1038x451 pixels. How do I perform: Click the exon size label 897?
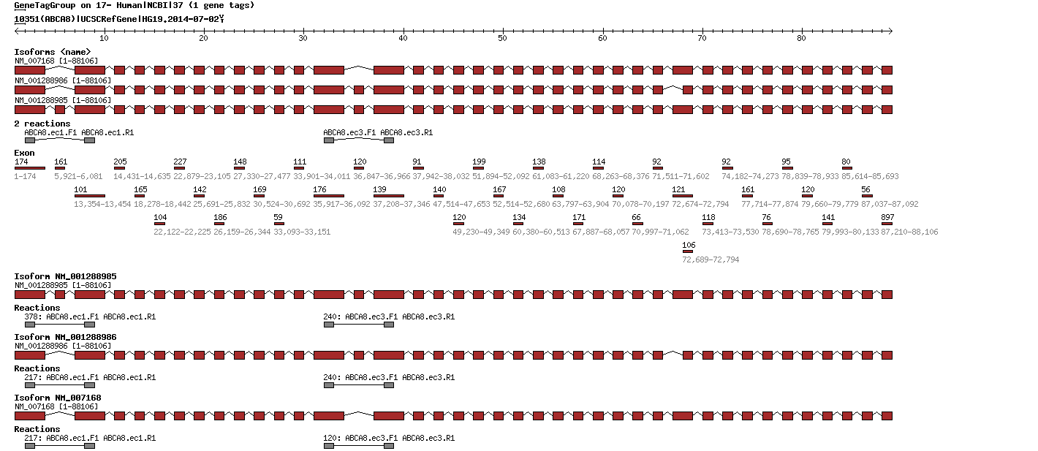click(x=887, y=217)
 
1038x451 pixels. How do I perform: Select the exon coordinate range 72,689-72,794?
click(x=711, y=259)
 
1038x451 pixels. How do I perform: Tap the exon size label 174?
click(x=21, y=161)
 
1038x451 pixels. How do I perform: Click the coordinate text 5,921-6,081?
click(x=78, y=176)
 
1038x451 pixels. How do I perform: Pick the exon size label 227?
click(x=180, y=161)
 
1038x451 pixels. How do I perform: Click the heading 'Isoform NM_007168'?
click(x=57, y=398)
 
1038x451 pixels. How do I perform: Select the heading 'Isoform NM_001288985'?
click(x=65, y=276)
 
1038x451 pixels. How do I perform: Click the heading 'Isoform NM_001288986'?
click(x=65, y=337)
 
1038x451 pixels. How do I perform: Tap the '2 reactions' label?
click(x=42, y=124)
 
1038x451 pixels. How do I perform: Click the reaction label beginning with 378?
click(x=90, y=317)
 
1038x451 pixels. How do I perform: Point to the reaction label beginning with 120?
click(x=388, y=438)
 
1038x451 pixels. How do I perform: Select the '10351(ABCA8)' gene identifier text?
click(x=45, y=18)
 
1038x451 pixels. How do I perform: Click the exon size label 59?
click(x=278, y=217)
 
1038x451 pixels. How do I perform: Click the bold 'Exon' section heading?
click(x=24, y=153)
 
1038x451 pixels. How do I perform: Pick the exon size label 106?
click(x=689, y=245)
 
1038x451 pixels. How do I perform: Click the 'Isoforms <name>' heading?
click(x=53, y=52)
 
